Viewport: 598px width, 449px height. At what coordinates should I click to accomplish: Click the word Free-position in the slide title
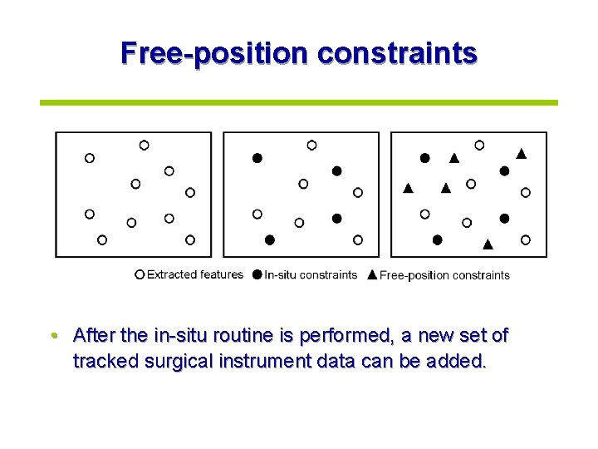pos(215,52)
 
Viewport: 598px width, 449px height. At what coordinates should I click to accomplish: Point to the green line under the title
pos(299,102)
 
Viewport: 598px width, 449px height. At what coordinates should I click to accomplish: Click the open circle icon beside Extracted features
pos(140,274)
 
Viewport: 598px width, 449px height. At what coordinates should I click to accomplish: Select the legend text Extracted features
pos(195,274)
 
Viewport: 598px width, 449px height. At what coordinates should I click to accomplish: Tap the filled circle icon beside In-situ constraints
pos(257,274)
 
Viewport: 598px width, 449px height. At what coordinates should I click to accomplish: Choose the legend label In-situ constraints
pos(311,274)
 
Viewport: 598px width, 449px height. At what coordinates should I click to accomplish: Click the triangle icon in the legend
pos(372,274)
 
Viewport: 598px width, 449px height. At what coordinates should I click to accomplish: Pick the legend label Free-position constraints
pos(444,275)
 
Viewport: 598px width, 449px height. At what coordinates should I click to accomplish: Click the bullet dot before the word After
pos(53,336)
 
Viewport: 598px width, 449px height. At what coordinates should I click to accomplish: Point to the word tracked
pos(102,362)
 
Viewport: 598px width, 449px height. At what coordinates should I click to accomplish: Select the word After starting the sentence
pos(94,336)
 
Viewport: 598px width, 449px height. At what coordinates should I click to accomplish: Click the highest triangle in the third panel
pos(521,152)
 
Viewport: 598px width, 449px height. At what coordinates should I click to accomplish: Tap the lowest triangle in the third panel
pos(488,244)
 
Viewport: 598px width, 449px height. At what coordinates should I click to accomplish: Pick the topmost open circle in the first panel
pos(144,145)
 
